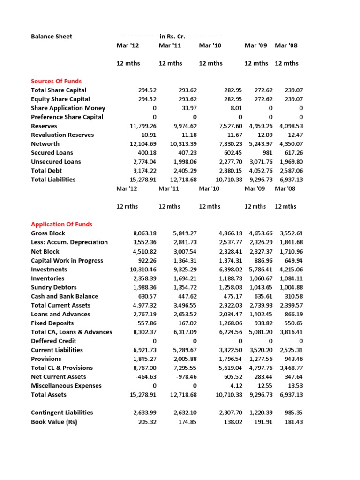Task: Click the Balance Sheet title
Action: coord(52,37)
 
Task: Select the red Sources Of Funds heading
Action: coord(56,81)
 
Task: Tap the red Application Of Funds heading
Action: coord(61,224)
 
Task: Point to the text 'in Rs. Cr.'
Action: coord(172,37)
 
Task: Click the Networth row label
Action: coord(45,144)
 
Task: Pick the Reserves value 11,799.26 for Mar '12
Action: coord(129,126)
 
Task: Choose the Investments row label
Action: coord(49,270)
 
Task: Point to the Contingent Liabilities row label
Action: coord(62,412)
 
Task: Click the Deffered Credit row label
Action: coord(53,341)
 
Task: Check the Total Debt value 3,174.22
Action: coord(131,171)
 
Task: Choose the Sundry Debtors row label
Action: coord(53,287)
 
